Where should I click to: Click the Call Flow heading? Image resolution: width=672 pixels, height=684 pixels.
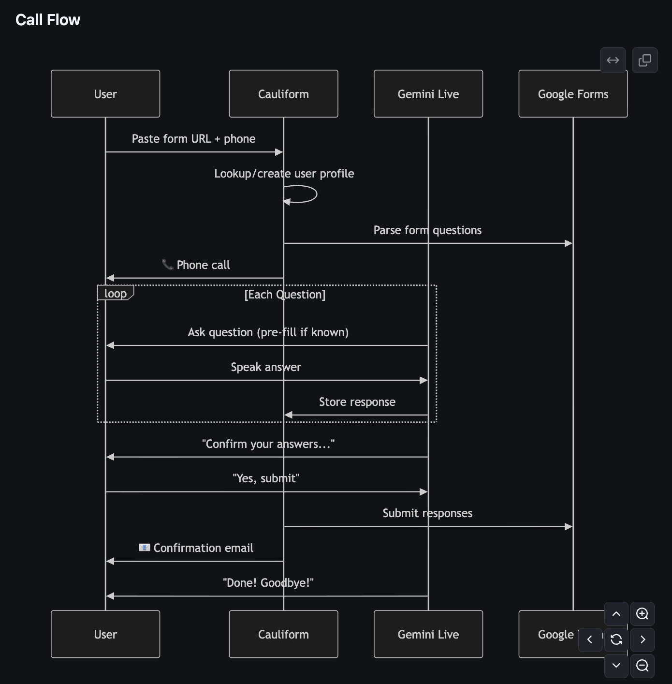coord(48,20)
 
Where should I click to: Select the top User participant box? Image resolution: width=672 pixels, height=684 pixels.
coord(105,94)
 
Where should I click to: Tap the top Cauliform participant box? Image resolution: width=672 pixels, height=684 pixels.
coord(283,94)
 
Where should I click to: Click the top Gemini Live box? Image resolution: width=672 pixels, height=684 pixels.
coord(428,94)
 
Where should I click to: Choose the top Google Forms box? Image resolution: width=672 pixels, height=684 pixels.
coord(573,94)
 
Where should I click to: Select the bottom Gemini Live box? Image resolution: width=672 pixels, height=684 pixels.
coord(428,634)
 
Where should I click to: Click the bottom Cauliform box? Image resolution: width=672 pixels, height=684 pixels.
coord(283,634)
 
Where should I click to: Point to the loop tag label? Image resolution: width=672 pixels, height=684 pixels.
coord(116,293)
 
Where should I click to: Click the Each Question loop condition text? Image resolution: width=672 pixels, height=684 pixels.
coord(285,295)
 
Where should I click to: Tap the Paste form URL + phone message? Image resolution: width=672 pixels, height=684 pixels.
coord(193,139)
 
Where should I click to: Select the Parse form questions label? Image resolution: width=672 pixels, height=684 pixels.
coord(427,230)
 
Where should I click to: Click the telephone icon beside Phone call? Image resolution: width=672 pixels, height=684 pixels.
coord(167,265)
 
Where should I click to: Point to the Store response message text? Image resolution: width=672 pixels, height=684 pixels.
coord(357,402)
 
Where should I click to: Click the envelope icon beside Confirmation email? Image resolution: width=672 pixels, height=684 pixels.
coord(144,548)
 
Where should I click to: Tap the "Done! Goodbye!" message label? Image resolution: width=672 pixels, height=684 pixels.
coord(268,583)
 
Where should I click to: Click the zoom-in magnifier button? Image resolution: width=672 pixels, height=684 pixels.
coord(642,614)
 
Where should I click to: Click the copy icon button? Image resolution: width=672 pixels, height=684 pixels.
coord(644,60)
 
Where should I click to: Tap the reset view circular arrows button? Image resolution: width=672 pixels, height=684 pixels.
coord(616,639)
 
